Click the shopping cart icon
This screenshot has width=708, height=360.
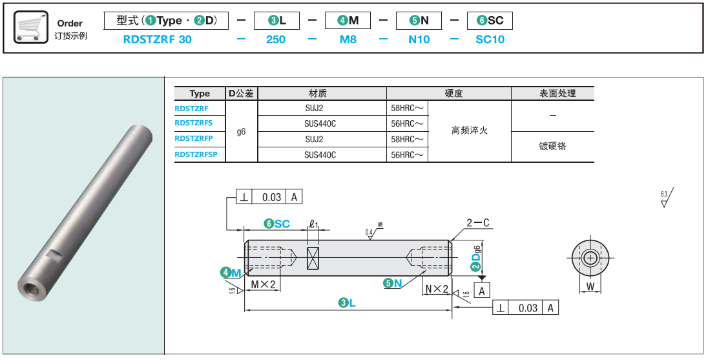[x=30, y=28]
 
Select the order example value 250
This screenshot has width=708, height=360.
[x=276, y=39]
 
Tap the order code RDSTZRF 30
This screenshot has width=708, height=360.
[x=157, y=39]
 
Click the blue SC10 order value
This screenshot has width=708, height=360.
[x=490, y=39]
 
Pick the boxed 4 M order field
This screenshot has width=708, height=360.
[x=347, y=21]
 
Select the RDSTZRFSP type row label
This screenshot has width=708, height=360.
[x=196, y=154]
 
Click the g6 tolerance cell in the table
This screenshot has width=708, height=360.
[x=241, y=131]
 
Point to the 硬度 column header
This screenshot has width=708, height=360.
[x=454, y=94]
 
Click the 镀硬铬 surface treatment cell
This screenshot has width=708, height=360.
[x=552, y=146]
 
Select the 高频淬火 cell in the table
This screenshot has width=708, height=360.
[x=469, y=131]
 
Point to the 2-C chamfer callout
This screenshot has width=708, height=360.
[x=478, y=224]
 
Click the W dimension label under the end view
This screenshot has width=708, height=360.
[x=590, y=286]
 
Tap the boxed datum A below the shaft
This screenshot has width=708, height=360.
[x=482, y=291]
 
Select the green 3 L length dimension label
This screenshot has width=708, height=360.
[x=348, y=302]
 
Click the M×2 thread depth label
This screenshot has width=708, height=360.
[x=264, y=285]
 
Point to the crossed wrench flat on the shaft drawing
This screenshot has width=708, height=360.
[x=314, y=259]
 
